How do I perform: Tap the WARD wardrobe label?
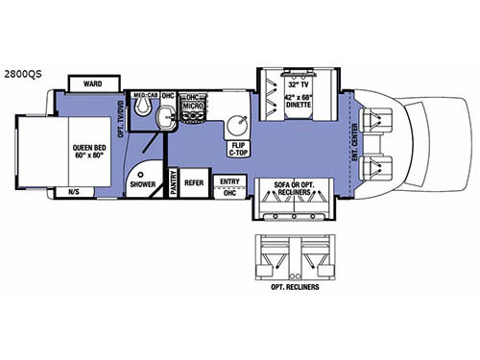[x=92, y=84]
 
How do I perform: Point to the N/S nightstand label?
[x=75, y=192]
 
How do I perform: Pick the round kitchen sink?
[x=237, y=125]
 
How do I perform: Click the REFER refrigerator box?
[x=195, y=182]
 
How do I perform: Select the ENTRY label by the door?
[x=229, y=181]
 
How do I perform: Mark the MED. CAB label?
[x=145, y=95]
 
